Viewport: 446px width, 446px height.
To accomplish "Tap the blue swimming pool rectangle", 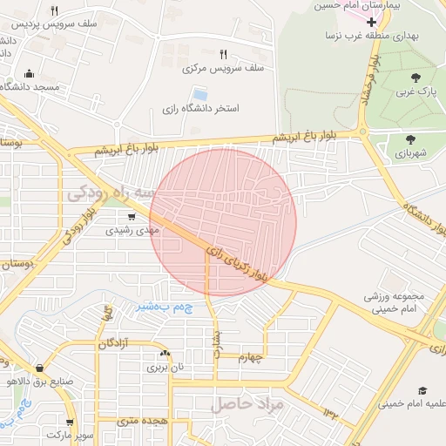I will [x=200, y=93].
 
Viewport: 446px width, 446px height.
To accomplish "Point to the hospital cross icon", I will [x=372, y=21].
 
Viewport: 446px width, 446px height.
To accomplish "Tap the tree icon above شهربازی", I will [x=409, y=138].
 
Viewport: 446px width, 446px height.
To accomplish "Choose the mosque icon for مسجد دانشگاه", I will [x=30, y=74].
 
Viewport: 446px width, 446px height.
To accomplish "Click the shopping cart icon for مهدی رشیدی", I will [x=131, y=217].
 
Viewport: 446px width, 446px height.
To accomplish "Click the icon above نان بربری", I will [x=165, y=354].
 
